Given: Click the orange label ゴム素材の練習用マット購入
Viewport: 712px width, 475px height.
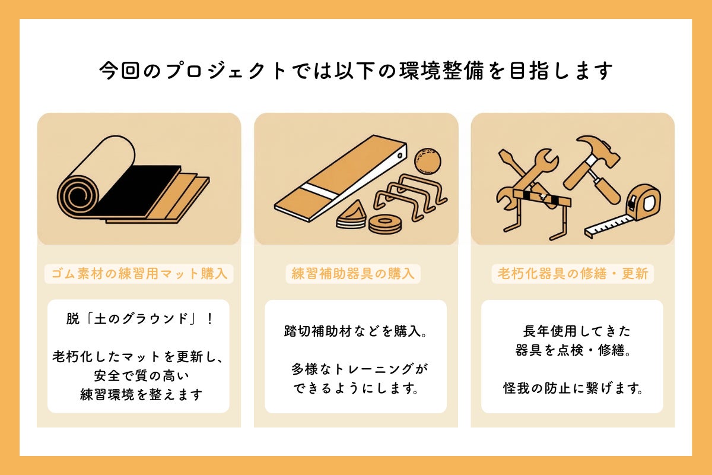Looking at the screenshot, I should click(x=139, y=274).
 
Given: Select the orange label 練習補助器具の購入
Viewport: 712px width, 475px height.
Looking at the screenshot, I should click(x=353, y=274).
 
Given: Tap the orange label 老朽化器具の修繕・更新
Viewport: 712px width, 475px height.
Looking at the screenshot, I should click(x=573, y=274).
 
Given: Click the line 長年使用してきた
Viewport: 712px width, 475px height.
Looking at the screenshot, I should click(x=572, y=331).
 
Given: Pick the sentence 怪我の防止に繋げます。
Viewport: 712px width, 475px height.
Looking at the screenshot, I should click(x=572, y=389).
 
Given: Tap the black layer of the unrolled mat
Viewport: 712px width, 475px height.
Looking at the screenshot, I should click(x=139, y=189).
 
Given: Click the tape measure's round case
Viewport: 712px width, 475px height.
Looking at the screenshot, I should click(x=644, y=201).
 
